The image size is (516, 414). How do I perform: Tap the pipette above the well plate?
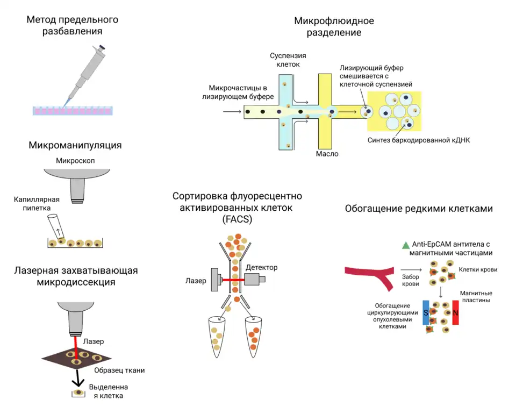[x=86, y=70]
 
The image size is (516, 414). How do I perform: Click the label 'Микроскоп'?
[x=76, y=161]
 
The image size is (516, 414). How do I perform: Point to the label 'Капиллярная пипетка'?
[x=37, y=203]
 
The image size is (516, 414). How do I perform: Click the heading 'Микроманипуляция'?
[x=75, y=145]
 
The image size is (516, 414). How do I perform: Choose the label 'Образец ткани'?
[x=119, y=370]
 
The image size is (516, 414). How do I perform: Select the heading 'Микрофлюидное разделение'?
[x=334, y=26]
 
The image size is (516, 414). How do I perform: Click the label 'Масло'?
[x=327, y=154]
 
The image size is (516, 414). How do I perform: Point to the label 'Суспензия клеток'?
[x=288, y=60]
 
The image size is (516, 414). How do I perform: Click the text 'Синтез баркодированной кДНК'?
[x=419, y=141]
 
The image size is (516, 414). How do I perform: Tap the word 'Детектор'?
[x=262, y=267]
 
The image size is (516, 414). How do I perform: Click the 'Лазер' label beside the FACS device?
[x=196, y=281]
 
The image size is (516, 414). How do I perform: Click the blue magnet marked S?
[x=426, y=312]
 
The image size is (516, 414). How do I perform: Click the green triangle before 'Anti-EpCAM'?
[x=405, y=245]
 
